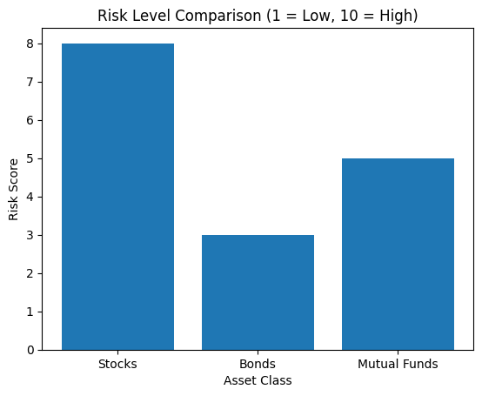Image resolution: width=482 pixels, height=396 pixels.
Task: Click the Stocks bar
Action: coord(117,197)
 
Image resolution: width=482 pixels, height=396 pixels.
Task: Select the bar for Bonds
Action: coord(258,292)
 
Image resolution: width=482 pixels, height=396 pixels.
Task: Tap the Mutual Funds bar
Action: coord(398,254)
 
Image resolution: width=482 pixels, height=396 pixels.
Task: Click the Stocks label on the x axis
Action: coord(117,364)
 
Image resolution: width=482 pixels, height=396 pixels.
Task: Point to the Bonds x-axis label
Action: coord(258,364)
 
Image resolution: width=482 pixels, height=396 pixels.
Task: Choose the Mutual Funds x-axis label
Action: coord(398,364)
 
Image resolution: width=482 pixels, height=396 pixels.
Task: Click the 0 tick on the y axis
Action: coord(31,350)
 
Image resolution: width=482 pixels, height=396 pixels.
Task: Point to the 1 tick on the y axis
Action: coord(31,312)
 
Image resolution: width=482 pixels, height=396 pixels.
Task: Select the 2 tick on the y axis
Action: coord(31,273)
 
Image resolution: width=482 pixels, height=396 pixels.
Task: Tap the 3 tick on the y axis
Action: coord(31,235)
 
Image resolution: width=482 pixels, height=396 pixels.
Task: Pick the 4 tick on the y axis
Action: coord(31,197)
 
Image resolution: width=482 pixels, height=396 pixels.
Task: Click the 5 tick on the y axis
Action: coord(31,158)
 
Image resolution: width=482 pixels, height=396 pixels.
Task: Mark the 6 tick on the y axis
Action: coord(31,120)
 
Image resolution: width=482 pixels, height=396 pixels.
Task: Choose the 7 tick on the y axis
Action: coord(31,82)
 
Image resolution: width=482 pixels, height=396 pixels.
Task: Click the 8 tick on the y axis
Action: coord(31,44)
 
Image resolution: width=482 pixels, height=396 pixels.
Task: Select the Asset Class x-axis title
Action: coord(258,380)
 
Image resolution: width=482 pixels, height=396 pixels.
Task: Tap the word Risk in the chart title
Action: coord(110,17)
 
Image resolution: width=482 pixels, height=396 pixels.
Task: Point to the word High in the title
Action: coord(397,17)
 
